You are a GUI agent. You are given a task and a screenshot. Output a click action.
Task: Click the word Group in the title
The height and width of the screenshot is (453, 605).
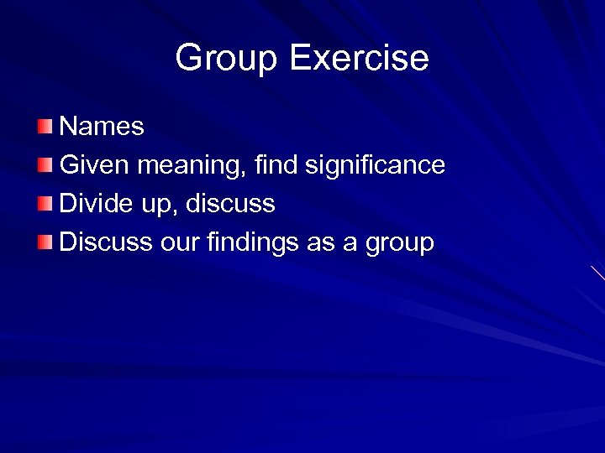pyautogui.click(x=226, y=59)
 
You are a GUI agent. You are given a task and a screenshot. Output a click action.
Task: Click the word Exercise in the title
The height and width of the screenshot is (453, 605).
pyautogui.click(x=359, y=58)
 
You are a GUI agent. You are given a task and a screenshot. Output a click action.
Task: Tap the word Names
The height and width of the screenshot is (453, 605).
pyautogui.click(x=102, y=127)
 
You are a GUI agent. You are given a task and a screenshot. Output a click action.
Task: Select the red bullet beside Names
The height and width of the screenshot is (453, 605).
pyautogui.click(x=45, y=127)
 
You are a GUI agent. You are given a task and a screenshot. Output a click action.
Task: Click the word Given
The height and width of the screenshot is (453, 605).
pyautogui.click(x=95, y=165)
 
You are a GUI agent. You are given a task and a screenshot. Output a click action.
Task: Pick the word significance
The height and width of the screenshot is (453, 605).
pyautogui.click(x=375, y=166)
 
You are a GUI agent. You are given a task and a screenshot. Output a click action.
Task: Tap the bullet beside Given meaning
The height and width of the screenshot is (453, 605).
pyautogui.click(x=45, y=165)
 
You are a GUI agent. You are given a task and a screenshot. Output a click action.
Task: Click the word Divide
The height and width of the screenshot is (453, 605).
pyautogui.click(x=93, y=204)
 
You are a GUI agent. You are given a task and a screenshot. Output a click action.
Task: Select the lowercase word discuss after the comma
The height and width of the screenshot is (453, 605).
pyautogui.click(x=230, y=204)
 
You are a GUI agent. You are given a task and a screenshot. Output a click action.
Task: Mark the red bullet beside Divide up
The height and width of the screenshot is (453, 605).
pyautogui.click(x=45, y=204)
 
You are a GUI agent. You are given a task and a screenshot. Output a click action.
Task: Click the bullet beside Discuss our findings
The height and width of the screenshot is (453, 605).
pyautogui.click(x=45, y=242)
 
